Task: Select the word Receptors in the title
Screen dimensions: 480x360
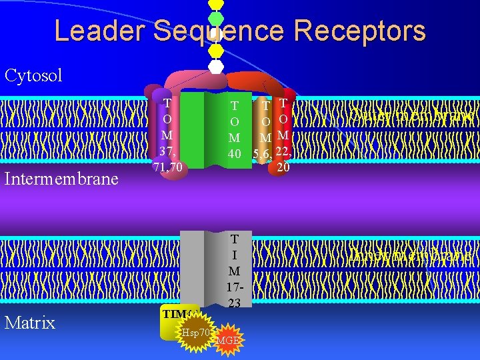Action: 367,31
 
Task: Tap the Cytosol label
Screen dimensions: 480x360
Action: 33,75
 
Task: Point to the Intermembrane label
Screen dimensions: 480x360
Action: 62,179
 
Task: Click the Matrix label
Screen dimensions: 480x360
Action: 30,323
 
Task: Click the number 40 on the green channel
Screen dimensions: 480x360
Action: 235,154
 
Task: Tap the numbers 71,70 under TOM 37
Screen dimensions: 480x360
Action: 167,166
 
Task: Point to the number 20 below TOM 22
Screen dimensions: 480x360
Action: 283,168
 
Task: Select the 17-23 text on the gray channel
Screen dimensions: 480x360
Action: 234,295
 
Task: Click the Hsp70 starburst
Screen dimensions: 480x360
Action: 193,331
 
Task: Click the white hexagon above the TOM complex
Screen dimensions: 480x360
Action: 216,67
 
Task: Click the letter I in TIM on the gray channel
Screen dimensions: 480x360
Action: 235,255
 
